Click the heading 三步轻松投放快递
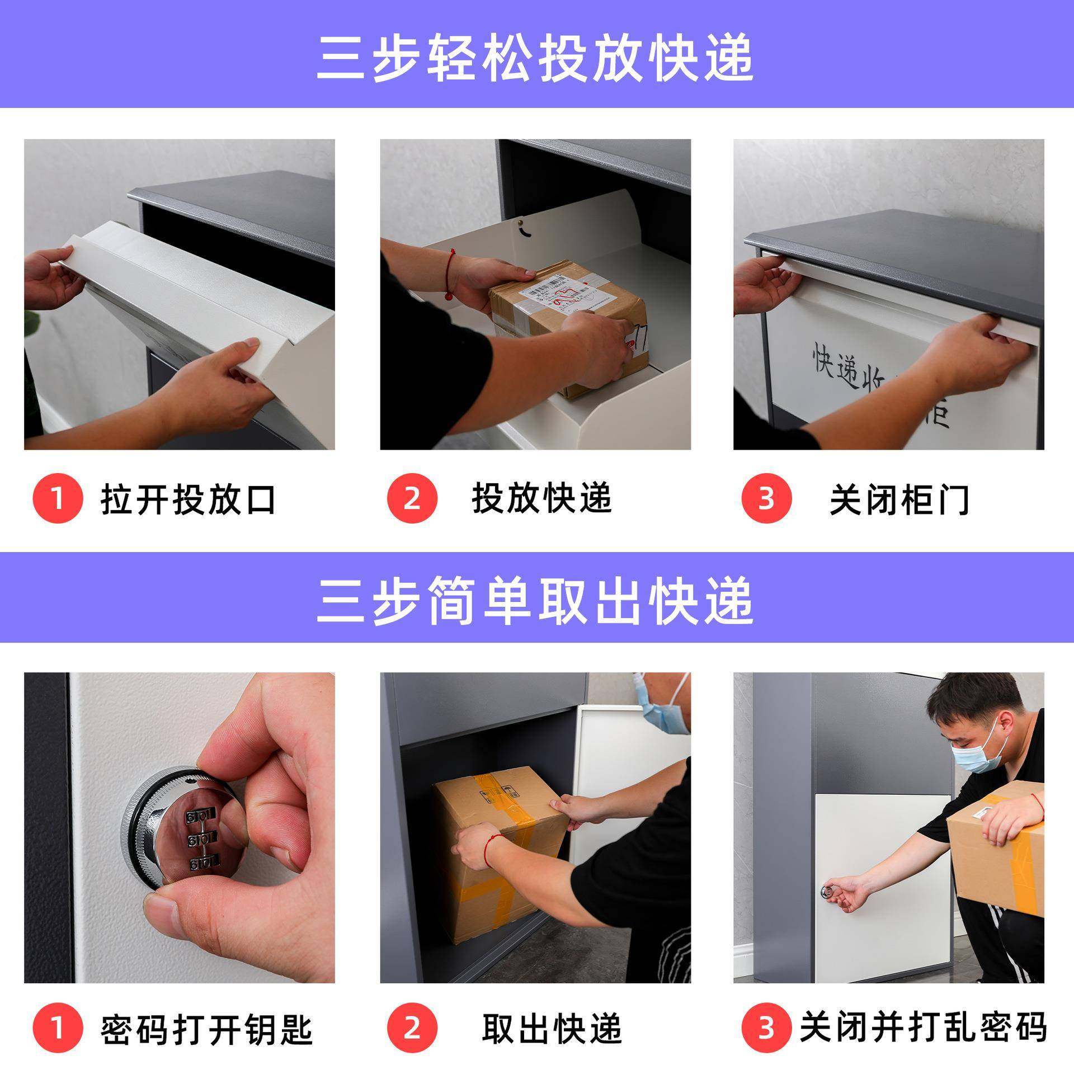point(535,58)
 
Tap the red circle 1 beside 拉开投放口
point(58,498)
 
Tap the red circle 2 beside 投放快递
point(412,498)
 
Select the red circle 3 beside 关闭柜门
point(766,498)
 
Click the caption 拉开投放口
point(189,499)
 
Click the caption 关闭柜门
point(899,499)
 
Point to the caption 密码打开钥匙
point(206,1029)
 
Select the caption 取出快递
point(552,1029)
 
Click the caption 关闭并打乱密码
point(923,1028)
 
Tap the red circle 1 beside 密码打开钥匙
point(58,1028)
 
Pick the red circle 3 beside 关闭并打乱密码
point(766,1028)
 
